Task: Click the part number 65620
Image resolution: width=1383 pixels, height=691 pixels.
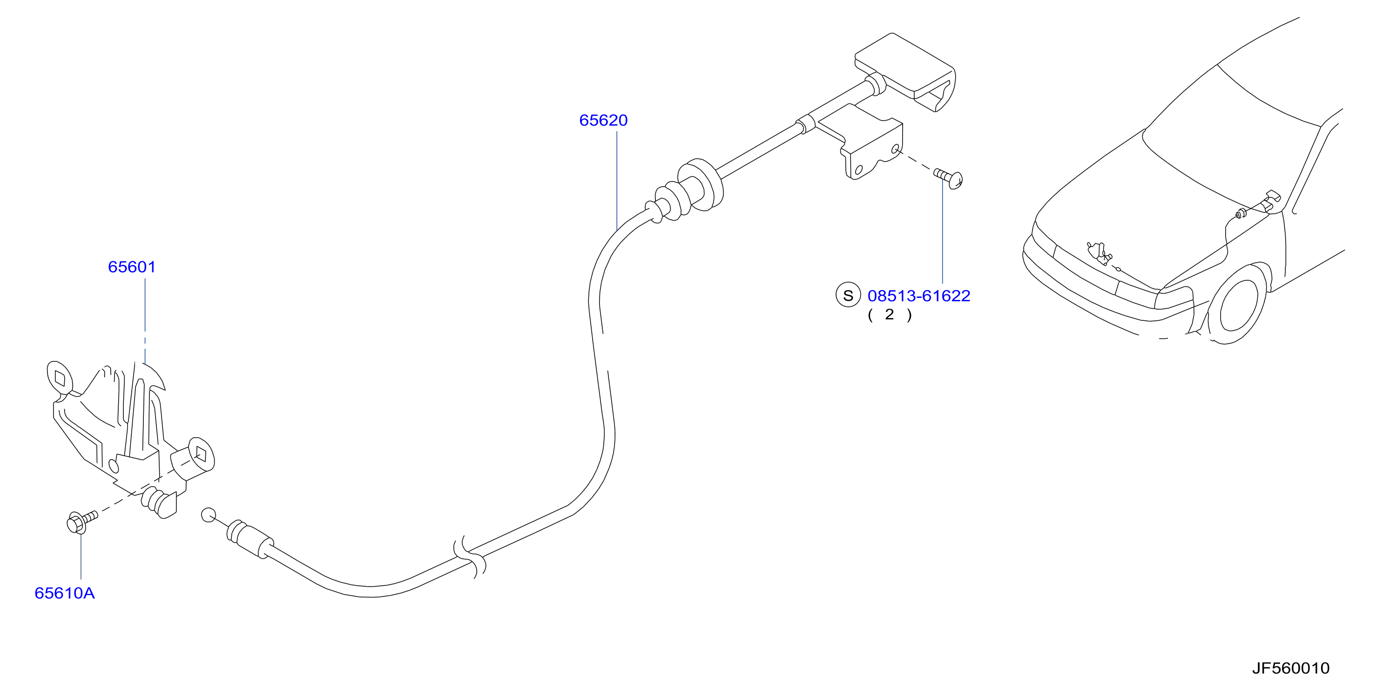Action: pyautogui.click(x=603, y=120)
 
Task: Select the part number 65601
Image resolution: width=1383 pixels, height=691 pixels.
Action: pyautogui.click(x=132, y=267)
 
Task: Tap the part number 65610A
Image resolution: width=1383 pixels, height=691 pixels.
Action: pyautogui.click(x=64, y=593)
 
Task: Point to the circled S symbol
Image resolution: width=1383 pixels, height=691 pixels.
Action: pyautogui.click(x=848, y=296)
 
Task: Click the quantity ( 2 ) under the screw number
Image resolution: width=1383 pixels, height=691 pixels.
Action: pyautogui.click(x=890, y=315)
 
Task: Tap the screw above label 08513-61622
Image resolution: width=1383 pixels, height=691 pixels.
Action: pyautogui.click(x=949, y=178)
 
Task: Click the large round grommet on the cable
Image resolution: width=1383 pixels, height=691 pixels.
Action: pyautogui.click(x=701, y=185)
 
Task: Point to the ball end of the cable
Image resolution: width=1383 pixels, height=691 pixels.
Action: pyautogui.click(x=208, y=515)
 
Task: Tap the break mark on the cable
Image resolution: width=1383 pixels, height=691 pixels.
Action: pyautogui.click(x=469, y=558)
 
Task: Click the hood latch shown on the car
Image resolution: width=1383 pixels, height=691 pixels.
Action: pyautogui.click(x=1099, y=253)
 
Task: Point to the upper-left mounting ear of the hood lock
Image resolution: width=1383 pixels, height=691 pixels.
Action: pyautogui.click(x=60, y=378)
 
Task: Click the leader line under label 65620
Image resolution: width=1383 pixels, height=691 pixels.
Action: pyautogui.click(x=617, y=180)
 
